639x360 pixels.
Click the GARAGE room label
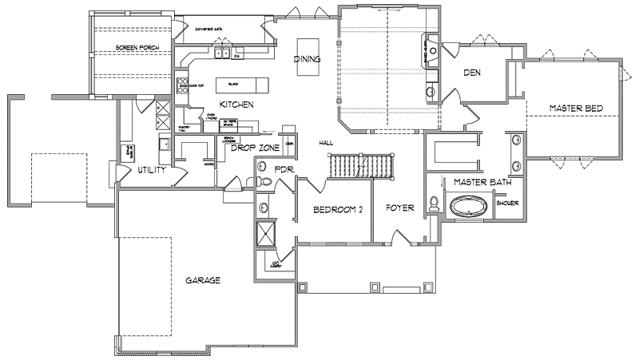coord(203,279)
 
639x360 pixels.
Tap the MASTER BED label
coord(575,108)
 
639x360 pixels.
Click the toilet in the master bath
coord(435,204)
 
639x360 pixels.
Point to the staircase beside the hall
coord(363,166)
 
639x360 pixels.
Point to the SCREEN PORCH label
coord(137,49)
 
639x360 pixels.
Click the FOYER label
coord(399,208)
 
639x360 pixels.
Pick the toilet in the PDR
coord(266,183)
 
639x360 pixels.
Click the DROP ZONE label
coord(254,148)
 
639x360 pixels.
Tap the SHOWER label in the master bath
coord(507,203)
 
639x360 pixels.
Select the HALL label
coord(325,143)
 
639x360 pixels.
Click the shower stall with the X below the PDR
coord(264,235)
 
